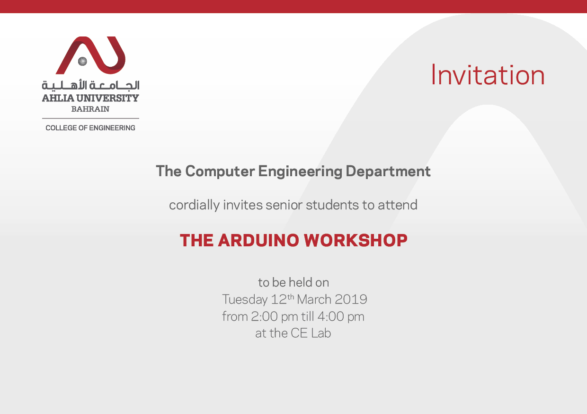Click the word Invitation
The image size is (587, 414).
coord(488,75)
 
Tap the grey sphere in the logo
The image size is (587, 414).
coord(82,61)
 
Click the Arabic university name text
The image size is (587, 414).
coord(90,86)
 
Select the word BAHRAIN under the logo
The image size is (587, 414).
coord(90,109)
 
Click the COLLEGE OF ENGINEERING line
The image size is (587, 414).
coord(90,128)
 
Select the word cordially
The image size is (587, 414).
coord(194,205)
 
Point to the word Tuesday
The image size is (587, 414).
coord(245,299)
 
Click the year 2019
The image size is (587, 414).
coord(351,299)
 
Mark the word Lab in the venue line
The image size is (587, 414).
coord(321,333)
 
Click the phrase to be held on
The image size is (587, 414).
coord(293,283)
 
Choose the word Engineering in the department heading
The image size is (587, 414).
coord(300,171)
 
